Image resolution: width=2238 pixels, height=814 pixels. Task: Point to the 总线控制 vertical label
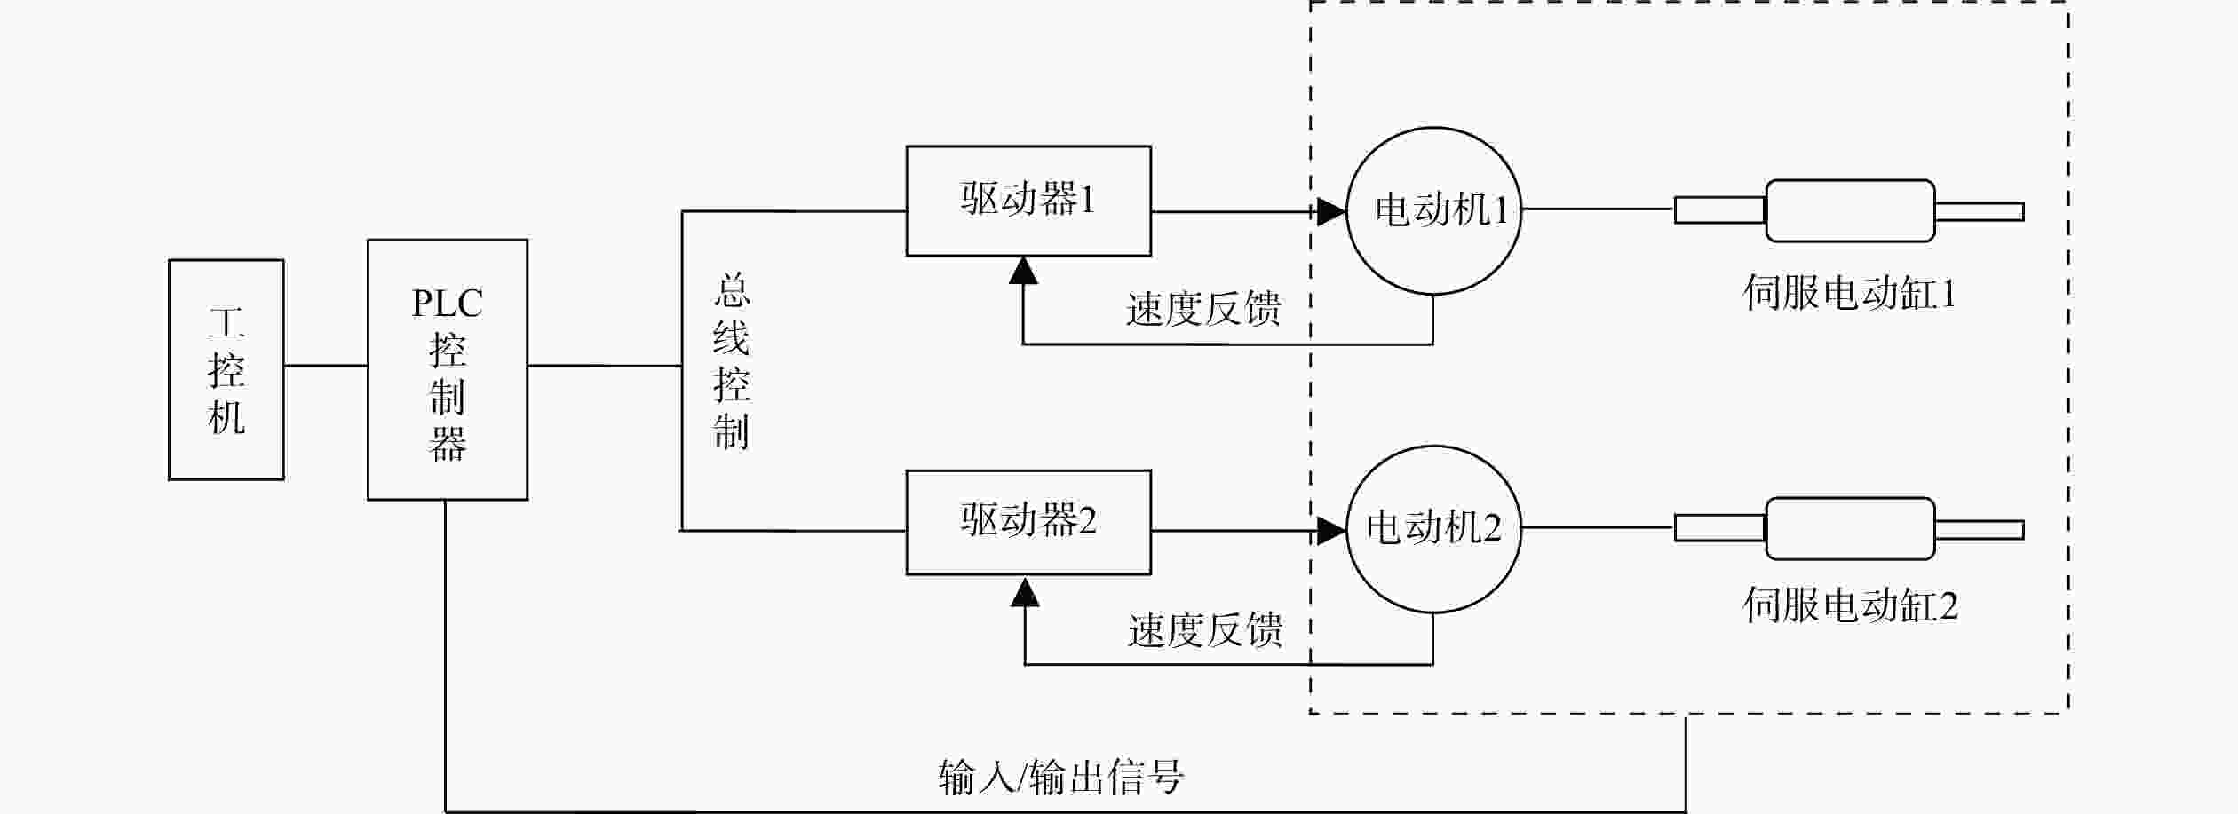click(732, 362)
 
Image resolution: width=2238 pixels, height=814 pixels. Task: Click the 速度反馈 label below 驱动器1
click(1203, 309)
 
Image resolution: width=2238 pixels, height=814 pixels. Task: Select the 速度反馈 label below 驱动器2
click(1205, 629)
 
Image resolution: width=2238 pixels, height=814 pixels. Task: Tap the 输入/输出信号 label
click(1061, 777)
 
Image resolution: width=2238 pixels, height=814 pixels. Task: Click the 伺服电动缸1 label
click(1849, 293)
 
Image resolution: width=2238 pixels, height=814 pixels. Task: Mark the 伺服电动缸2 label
click(1850, 605)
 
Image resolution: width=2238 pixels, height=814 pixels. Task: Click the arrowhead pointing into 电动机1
click(1331, 211)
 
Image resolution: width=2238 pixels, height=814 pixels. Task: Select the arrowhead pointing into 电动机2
click(1331, 531)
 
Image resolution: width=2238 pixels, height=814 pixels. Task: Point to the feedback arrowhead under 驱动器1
click(1024, 270)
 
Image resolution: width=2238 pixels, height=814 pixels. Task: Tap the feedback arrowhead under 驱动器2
click(1026, 592)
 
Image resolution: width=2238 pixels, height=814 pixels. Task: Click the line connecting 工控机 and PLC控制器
click(326, 365)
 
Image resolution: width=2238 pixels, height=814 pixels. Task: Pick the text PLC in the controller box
click(448, 304)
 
